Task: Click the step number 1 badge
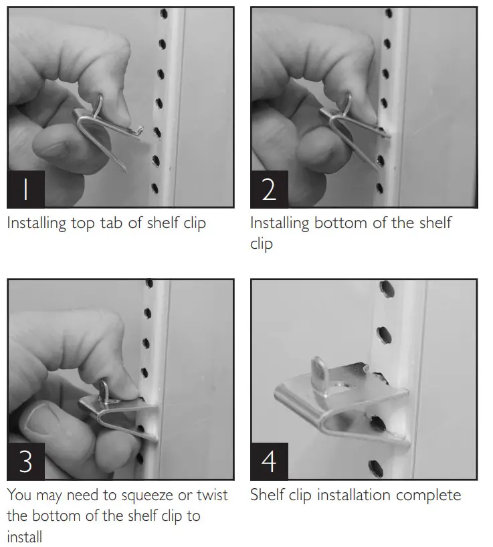click(26, 189)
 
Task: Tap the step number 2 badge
click(269, 189)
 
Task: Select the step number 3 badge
click(26, 461)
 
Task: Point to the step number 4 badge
click(269, 461)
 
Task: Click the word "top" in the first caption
click(83, 223)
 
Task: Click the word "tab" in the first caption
click(112, 223)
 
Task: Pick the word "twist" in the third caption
click(212, 495)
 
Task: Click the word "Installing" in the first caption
click(36, 223)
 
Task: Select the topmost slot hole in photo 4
click(386, 290)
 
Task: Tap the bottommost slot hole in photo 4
click(376, 469)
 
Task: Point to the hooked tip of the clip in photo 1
click(140, 130)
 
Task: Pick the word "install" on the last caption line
click(25, 536)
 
